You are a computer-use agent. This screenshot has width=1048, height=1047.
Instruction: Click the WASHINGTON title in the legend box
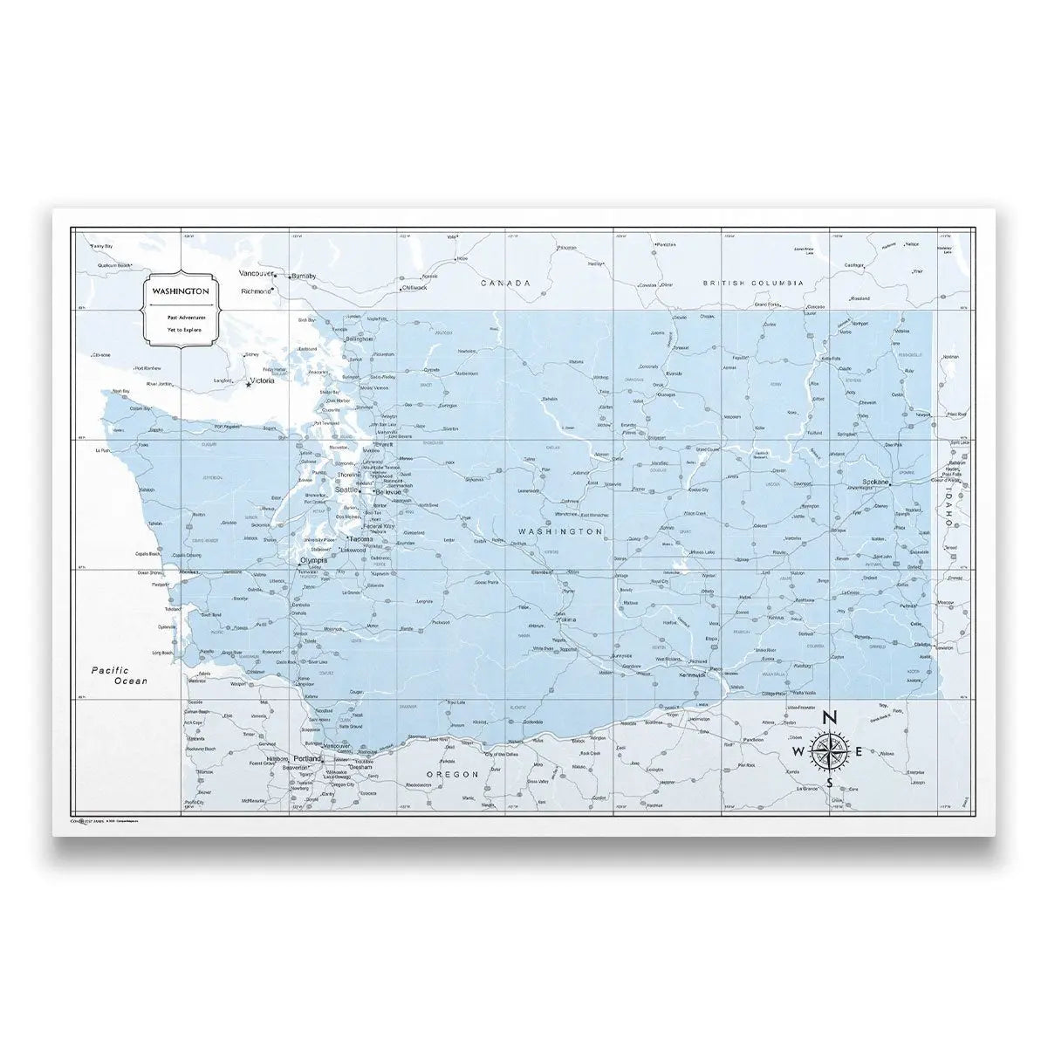coord(179,290)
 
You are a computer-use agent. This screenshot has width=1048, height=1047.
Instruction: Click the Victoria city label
coord(262,381)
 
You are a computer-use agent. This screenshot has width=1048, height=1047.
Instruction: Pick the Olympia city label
coord(312,561)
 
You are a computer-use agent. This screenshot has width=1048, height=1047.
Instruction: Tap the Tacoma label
coord(361,539)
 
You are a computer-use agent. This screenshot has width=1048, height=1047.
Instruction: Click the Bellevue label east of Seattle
coord(388,492)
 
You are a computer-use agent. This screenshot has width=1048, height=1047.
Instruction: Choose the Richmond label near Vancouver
coord(256,291)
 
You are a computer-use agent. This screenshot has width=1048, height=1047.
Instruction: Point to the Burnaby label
coord(304,277)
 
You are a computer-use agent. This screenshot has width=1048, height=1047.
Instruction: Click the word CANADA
coord(505,284)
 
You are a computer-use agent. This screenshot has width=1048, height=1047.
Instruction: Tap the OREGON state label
coord(453,774)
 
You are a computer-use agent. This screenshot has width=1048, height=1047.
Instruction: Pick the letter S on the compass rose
coord(831,782)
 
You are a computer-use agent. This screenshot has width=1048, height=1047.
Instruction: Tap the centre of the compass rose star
coord(829,750)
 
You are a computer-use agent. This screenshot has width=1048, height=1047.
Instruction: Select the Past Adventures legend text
coord(180,318)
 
